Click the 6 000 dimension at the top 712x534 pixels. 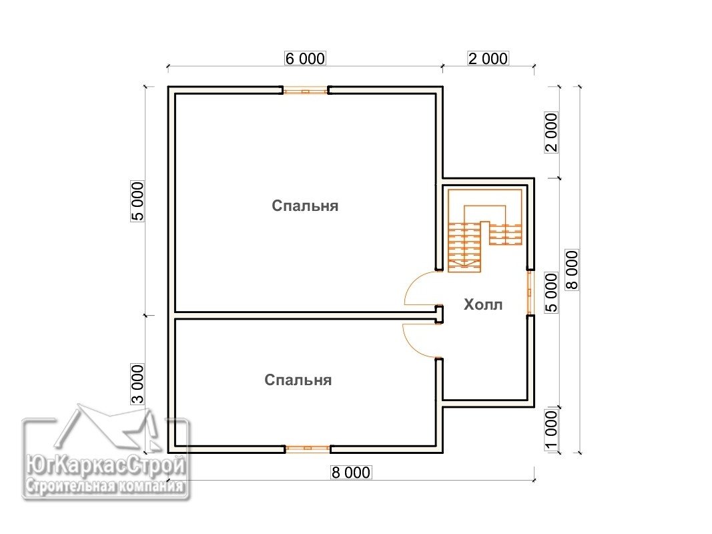coord(305,59)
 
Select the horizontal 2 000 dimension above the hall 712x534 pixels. coord(488,59)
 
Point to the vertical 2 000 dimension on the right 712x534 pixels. coord(551,132)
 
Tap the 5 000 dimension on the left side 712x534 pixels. coord(137,201)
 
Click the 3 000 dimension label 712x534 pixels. coord(137,384)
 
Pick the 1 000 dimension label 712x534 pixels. coord(551,430)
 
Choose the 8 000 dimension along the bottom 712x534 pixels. coord(351,472)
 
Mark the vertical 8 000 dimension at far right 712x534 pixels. coord(572,270)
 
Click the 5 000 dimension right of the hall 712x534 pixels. coord(551,292)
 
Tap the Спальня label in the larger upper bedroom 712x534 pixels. coord(305,206)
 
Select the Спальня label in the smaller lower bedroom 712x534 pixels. coord(298,380)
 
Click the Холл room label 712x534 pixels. coord(483,304)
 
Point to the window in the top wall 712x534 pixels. coord(306,90)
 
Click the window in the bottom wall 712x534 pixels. coord(308,449)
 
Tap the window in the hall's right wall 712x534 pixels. coord(530,292)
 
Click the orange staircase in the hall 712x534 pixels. coord(484,231)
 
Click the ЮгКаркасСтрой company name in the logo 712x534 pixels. coord(106,465)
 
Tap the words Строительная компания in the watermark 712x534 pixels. coord(105,487)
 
